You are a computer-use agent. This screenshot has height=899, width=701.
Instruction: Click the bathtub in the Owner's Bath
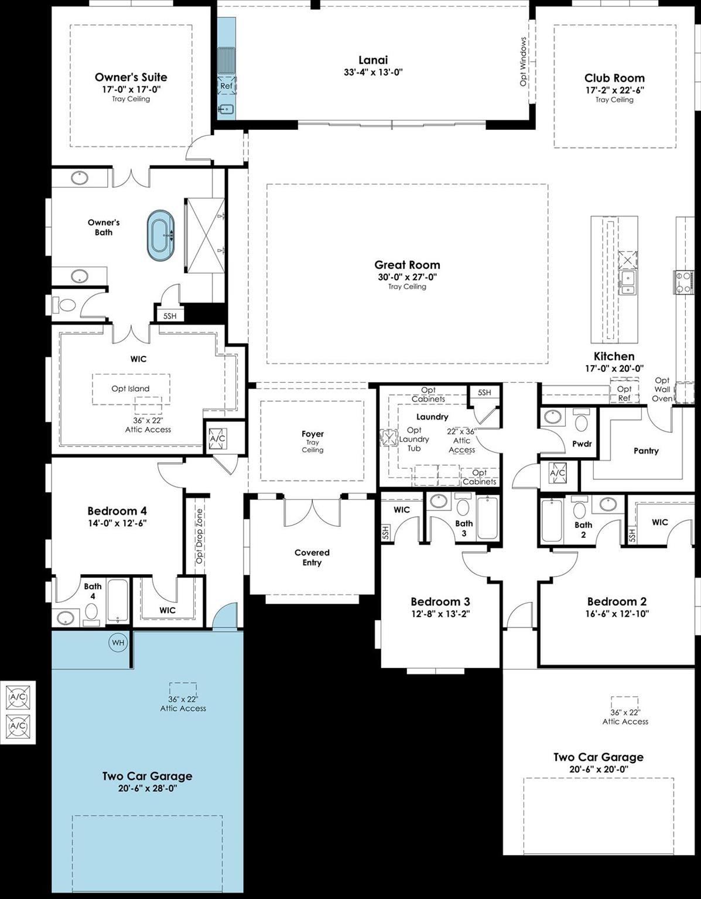[160, 235]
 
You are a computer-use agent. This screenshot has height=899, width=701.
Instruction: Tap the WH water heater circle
[118, 643]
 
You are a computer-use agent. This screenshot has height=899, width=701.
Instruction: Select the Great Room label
[407, 265]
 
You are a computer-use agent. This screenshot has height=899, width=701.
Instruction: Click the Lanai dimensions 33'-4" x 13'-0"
[373, 73]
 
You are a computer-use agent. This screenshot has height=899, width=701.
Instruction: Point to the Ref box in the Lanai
[226, 86]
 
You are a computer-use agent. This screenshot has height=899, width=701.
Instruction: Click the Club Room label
[614, 78]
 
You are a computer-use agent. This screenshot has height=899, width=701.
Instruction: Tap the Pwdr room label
[582, 444]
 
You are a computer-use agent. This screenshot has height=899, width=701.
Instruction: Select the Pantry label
[646, 451]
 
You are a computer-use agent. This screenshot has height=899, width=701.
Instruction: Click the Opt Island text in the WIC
[131, 389]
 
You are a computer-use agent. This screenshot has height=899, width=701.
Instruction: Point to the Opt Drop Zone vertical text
[199, 536]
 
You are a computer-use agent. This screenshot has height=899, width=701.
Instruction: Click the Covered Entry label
[312, 557]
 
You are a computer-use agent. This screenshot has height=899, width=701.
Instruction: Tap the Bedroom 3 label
[440, 602]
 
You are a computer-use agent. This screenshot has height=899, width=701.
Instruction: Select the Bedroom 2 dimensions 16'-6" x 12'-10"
[617, 614]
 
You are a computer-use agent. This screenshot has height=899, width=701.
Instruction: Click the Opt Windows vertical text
[524, 61]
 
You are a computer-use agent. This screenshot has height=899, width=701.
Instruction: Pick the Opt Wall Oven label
[662, 389]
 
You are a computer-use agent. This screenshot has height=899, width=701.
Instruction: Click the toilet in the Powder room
[582, 421]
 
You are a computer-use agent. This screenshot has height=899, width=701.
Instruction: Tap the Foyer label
[313, 434]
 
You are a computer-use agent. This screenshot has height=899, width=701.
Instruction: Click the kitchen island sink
[627, 281]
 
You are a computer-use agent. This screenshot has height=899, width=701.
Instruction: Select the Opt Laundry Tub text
[414, 439]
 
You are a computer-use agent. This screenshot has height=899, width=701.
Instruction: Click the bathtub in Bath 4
[118, 600]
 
